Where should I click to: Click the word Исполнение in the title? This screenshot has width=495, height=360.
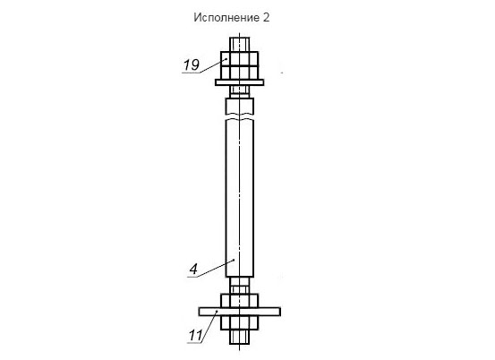pyautogui.click(x=226, y=18)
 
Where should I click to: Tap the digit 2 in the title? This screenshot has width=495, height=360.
pyautogui.click(x=266, y=17)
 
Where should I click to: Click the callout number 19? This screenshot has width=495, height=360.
pyautogui.click(x=192, y=65)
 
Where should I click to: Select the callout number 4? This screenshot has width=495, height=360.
pyautogui.click(x=193, y=270)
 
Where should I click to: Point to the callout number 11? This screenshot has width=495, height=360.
pyautogui.click(x=196, y=335)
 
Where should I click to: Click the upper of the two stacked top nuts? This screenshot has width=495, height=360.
pyautogui.click(x=240, y=59)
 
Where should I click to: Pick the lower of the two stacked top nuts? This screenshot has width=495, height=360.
pyautogui.click(x=240, y=73)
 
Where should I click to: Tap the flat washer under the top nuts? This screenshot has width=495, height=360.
pyautogui.click(x=240, y=82)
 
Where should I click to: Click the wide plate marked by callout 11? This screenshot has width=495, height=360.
pyautogui.click(x=240, y=312)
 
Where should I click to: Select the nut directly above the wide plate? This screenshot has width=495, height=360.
pyautogui.click(x=240, y=301)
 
